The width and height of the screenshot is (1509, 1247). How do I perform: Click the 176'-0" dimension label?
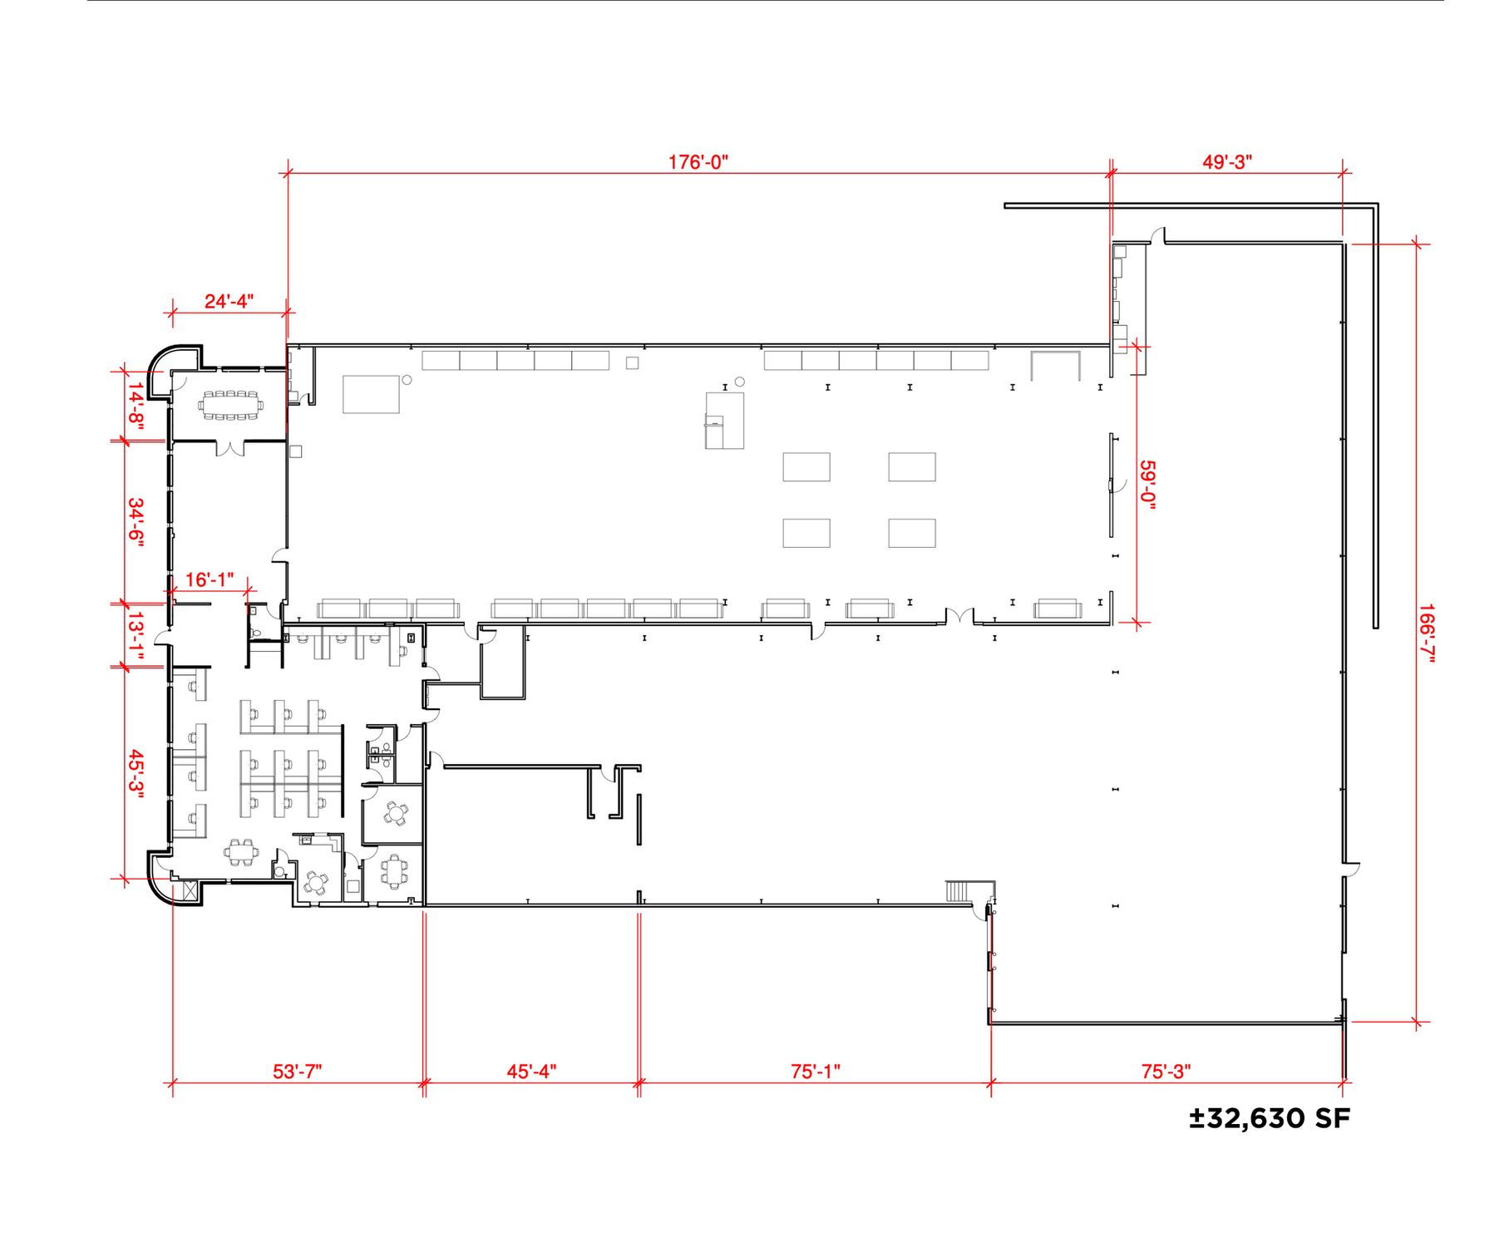pos(698,161)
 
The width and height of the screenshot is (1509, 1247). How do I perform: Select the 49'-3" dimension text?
pos(1227,161)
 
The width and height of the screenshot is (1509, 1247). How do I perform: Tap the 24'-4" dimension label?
pos(229,300)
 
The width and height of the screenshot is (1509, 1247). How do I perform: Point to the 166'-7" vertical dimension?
pos(1427,633)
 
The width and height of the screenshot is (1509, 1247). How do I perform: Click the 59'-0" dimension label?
pos(1148,485)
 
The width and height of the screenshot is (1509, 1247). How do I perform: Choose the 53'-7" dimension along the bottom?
pos(298,1071)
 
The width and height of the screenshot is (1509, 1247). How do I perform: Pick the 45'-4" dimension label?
pos(532,1071)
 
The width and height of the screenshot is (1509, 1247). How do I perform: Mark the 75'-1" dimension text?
pos(816,1071)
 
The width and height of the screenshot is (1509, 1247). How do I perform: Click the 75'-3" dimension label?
pos(1166,1071)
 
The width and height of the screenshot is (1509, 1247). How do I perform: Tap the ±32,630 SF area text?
pos(1270,1118)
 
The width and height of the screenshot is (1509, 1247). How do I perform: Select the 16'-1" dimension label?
pos(210,579)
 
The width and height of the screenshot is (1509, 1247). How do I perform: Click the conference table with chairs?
pos(230,406)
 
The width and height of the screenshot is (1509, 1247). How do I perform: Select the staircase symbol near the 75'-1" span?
pos(958,891)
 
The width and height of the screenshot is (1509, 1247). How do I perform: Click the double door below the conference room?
pos(230,449)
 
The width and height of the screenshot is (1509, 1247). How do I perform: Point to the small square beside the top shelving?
pos(633,362)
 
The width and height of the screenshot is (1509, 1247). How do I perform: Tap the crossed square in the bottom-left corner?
pos(190,892)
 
